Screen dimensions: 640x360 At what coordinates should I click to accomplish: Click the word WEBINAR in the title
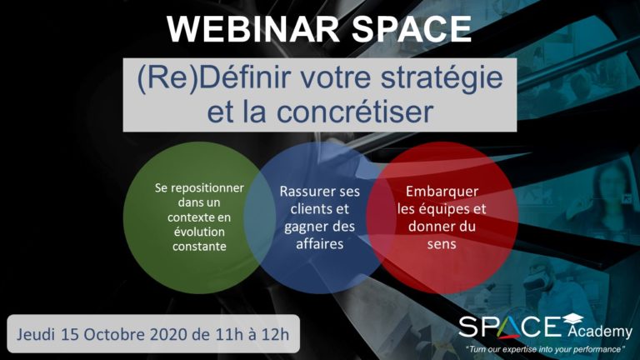point(253,28)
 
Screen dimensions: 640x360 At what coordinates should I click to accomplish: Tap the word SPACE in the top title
point(412,28)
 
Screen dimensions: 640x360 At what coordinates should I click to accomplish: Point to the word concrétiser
point(354,112)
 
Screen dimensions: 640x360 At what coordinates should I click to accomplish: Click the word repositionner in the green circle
point(207,188)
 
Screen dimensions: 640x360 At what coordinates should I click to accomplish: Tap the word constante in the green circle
point(199,247)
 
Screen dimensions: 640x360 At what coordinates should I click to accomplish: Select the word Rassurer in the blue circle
point(302,192)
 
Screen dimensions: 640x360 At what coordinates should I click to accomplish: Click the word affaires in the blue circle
point(320,244)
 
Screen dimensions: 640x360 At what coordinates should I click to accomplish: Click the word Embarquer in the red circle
point(442,192)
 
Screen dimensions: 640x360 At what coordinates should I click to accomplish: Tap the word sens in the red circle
point(442,244)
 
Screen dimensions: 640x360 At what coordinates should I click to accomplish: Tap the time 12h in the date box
point(277,335)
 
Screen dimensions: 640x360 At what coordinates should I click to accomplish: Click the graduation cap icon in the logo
point(572,319)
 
